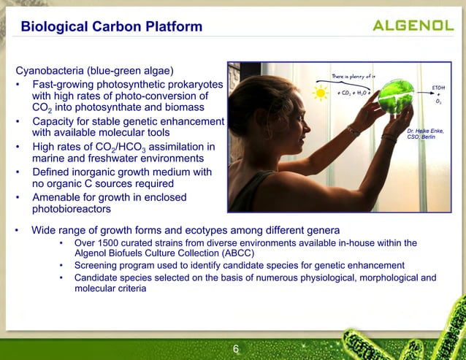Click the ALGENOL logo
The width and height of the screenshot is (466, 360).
[x=413, y=26]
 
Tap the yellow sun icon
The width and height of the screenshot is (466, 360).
[x=320, y=93]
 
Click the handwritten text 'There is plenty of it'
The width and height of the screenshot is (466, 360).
[x=354, y=76]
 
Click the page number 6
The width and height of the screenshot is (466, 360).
[x=235, y=349]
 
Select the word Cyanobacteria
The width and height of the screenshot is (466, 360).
[x=50, y=71]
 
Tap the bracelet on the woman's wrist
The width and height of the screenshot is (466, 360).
[x=354, y=131]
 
